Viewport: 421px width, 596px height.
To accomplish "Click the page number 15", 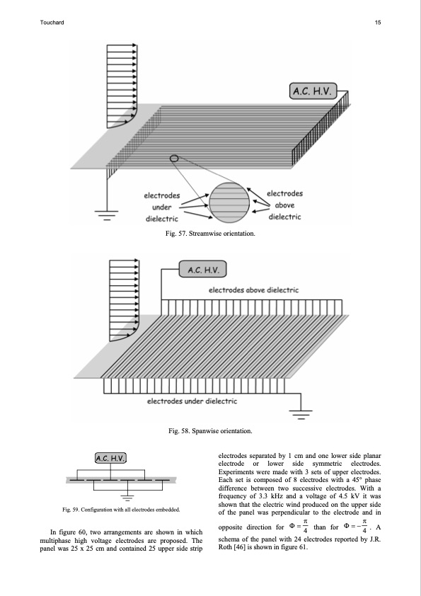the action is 378,23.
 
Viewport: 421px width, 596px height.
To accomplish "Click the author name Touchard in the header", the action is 52,23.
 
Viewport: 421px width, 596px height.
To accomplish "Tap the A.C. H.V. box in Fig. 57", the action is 313,91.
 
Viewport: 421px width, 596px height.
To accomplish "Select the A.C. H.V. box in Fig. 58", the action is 203,269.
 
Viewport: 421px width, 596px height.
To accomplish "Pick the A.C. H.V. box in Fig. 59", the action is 110,458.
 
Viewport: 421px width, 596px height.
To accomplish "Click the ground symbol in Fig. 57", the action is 106,215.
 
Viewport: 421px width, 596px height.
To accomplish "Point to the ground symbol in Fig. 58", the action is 301,414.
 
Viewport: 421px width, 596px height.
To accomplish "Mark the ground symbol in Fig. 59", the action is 127,498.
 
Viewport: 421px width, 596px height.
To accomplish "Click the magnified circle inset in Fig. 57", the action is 229,202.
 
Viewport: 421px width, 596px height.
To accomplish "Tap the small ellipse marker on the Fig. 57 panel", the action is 174,159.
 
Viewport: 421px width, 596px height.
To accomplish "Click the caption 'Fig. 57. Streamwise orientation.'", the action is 210,234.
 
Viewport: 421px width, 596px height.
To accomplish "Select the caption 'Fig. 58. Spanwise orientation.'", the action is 211,431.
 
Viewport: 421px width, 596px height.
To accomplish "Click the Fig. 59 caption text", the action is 121,510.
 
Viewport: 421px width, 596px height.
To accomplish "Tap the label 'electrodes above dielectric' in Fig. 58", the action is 254,290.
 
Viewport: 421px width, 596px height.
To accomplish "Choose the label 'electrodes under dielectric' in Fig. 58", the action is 192,401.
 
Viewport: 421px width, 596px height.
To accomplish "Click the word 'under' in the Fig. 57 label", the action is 162,207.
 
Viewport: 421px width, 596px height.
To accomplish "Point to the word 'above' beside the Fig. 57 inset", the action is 284,205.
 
